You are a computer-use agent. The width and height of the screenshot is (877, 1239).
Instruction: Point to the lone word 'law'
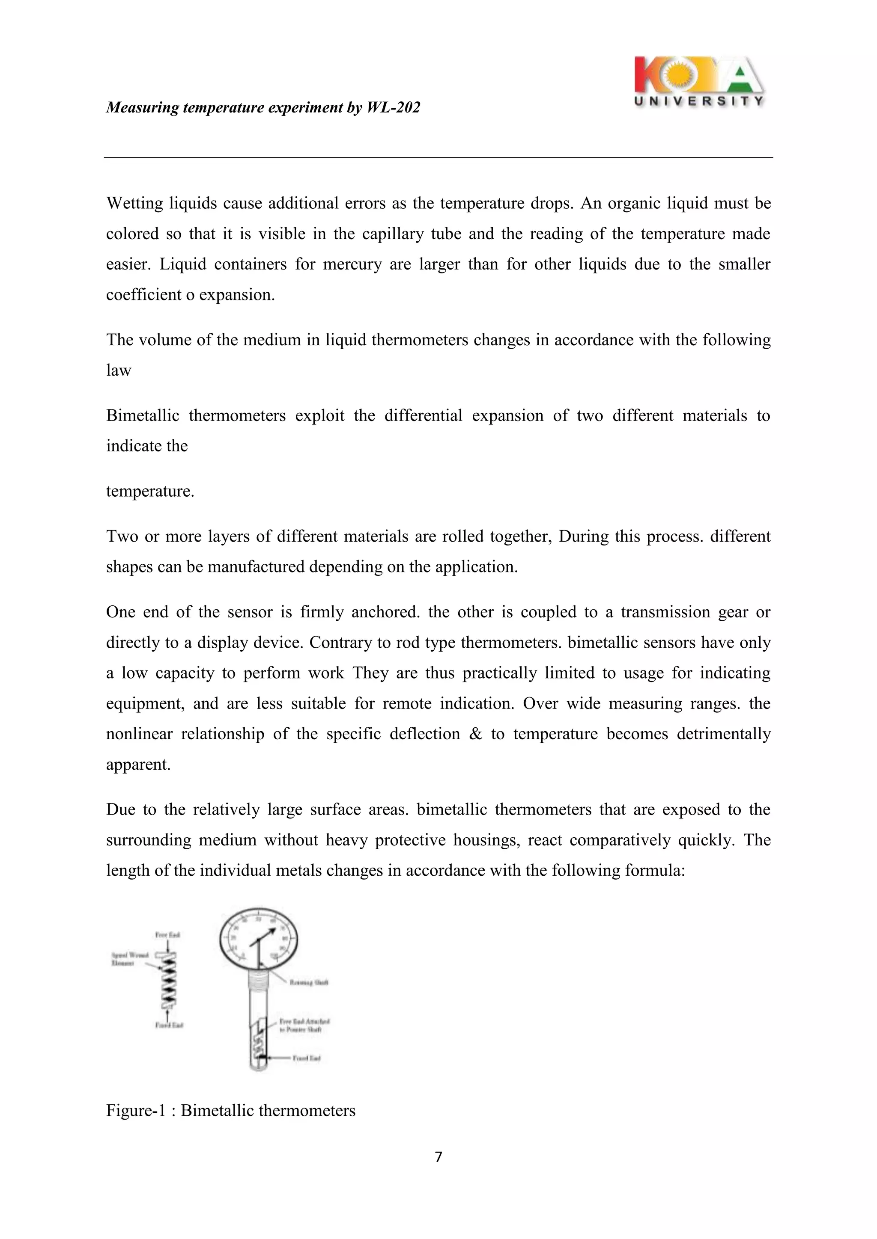click(118, 370)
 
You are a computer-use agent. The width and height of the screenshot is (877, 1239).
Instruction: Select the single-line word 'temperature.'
click(149, 491)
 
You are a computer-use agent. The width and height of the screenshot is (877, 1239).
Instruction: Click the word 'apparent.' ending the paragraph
click(138, 764)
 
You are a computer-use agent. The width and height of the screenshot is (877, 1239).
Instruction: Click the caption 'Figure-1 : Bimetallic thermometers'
click(230, 1110)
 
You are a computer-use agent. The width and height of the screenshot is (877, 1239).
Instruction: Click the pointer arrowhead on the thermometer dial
click(272, 930)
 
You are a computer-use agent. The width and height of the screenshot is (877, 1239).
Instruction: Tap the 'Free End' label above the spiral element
click(167, 935)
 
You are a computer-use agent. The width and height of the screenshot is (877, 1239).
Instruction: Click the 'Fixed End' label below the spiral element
click(169, 1025)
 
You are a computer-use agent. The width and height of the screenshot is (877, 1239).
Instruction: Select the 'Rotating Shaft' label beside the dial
click(309, 982)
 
